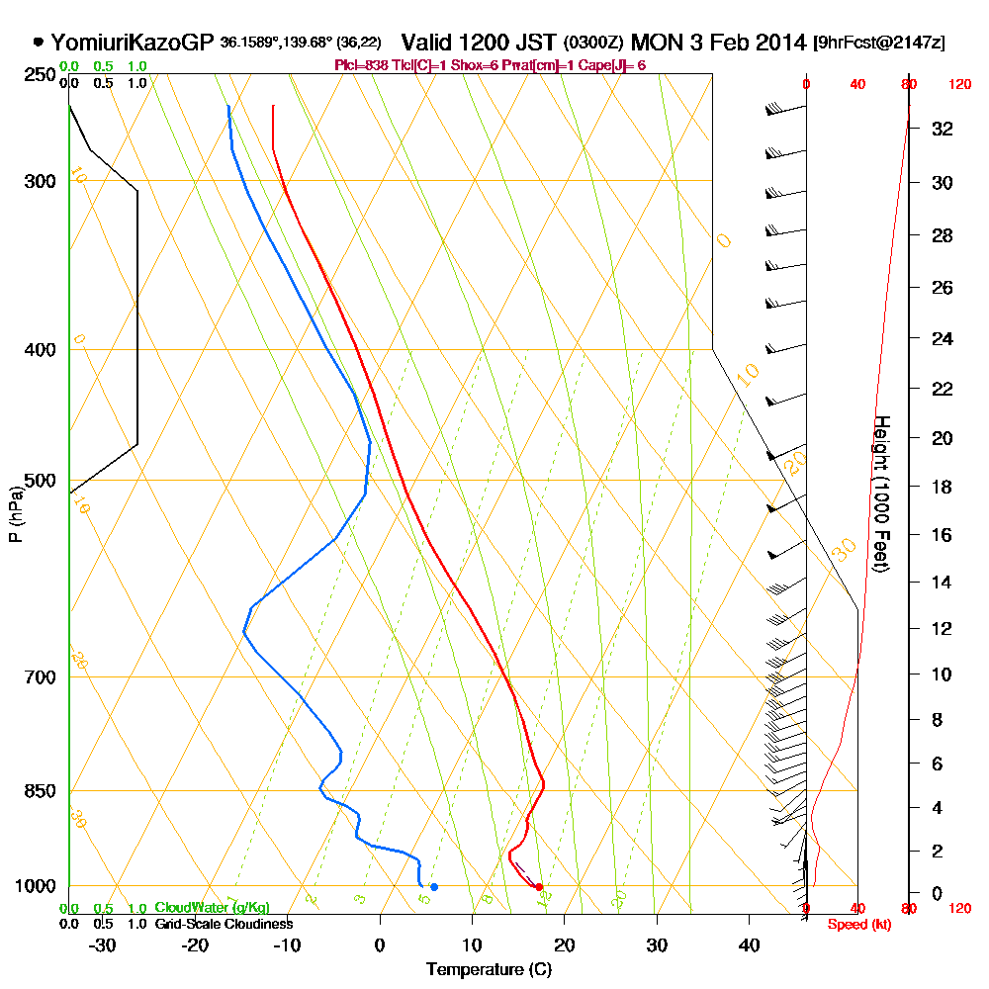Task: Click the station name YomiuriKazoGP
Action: (132, 43)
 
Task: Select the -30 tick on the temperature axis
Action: (103, 945)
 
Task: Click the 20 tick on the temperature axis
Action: (564, 945)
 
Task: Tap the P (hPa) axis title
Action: (15, 512)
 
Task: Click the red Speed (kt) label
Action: (854, 925)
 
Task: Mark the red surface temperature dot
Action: (539, 887)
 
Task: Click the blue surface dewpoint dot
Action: (433, 887)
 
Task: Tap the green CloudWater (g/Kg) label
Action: (212, 908)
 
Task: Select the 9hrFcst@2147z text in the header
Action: (878, 44)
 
